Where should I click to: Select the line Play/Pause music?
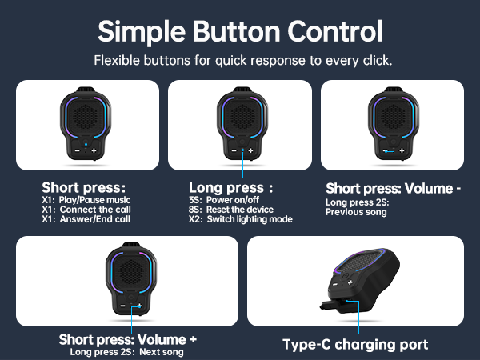pyautogui.click(x=94, y=199)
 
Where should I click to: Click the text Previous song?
pyautogui.click(x=357, y=212)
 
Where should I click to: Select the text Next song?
pyautogui.click(x=162, y=352)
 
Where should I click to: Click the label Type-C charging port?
pyautogui.click(x=356, y=345)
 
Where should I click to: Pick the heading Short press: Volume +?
pyautogui.click(x=128, y=339)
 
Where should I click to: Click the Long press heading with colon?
pyautogui.click(x=230, y=188)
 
